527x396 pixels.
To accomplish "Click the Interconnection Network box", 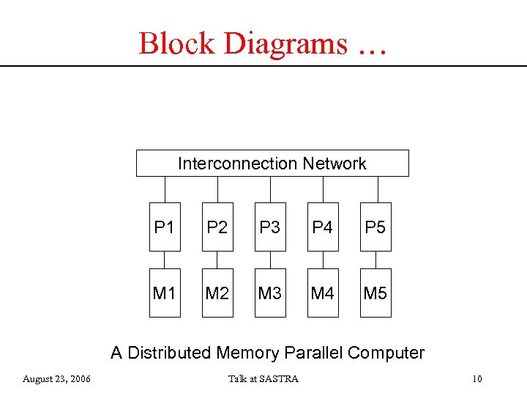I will [x=272, y=164].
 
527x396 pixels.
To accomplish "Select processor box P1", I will [x=165, y=227].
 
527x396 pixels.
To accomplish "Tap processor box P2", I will [x=217, y=227].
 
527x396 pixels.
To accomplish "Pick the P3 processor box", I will [x=270, y=227].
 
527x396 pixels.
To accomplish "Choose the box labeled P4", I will [x=323, y=227].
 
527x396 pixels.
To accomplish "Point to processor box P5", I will [x=375, y=227].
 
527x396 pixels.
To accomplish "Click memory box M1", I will [x=165, y=293].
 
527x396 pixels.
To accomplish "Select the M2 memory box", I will [x=217, y=293].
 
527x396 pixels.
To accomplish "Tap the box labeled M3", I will [x=270, y=293].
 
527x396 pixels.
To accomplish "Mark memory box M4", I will [x=323, y=293].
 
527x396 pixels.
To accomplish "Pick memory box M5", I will [x=375, y=293].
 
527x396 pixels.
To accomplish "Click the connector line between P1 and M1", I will [x=165, y=260].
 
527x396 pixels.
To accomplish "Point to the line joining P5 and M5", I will [x=375, y=260].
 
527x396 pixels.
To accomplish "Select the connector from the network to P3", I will [x=270, y=189].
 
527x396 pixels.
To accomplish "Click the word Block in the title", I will [x=178, y=43].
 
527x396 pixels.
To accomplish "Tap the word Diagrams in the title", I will [x=285, y=43].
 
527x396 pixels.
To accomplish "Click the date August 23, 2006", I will [x=56, y=378].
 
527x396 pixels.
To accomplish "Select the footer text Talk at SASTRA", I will [x=263, y=378].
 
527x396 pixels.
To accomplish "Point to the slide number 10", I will [x=477, y=378].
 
